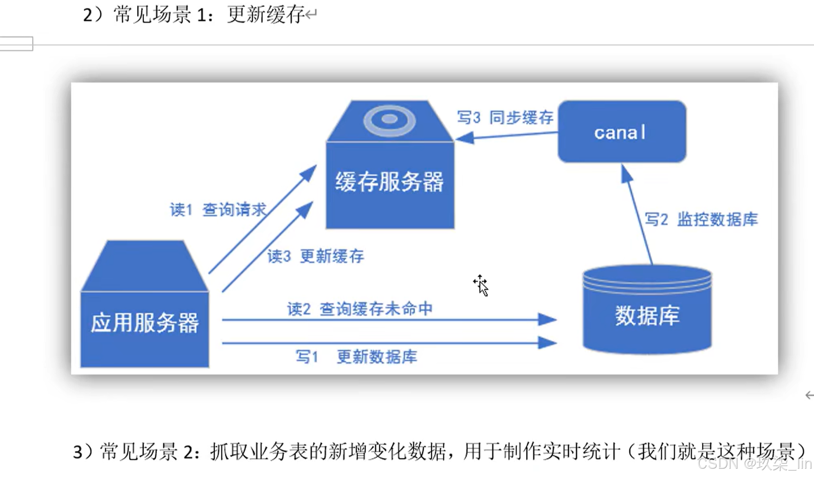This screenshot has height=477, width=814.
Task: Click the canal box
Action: tap(621, 132)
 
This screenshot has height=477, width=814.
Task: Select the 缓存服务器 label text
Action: tap(389, 182)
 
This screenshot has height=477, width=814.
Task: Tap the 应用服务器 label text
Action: tap(144, 323)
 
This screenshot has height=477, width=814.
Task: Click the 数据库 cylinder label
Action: tap(647, 316)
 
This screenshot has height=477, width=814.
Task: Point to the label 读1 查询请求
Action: tap(218, 210)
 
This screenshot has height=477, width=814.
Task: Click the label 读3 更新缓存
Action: tap(315, 256)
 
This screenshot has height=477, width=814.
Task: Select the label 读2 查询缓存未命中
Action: tap(359, 309)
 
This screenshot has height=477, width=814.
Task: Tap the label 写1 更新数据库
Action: tap(356, 357)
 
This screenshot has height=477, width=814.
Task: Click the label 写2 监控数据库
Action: tap(701, 220)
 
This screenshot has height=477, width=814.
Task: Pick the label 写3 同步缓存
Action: tap(505, 118)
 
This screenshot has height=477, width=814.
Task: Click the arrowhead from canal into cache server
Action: tap(464, 138)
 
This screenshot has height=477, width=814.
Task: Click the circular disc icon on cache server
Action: tap(389, 120)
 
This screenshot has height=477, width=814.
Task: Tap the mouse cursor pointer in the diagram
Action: tap(481, 286)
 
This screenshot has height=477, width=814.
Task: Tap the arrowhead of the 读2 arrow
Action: tap(547, 319)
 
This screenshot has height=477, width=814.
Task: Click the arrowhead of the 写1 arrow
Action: tap(547, 342)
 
